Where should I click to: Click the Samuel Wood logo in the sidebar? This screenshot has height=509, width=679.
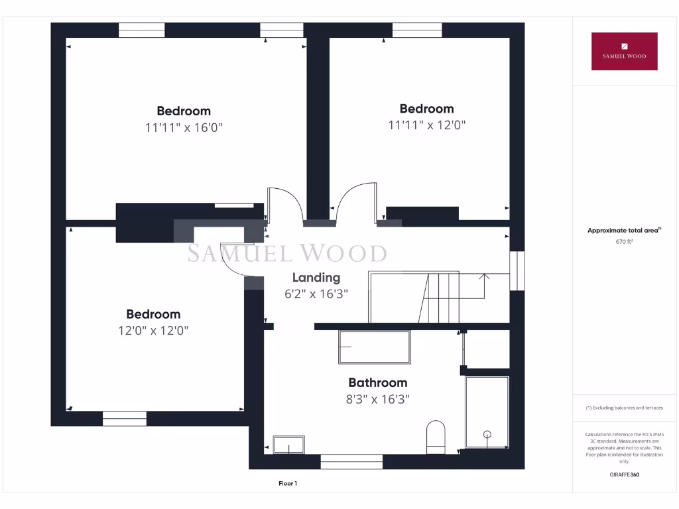coord(624,51)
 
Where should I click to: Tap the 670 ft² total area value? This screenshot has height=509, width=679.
coord(624,242)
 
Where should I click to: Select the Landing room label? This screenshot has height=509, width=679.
coord(316,278)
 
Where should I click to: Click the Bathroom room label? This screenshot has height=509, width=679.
coord(377,382)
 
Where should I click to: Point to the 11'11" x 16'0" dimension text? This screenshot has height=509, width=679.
coord(184,127)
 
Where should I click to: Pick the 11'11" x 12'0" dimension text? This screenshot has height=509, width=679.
coord(426,125)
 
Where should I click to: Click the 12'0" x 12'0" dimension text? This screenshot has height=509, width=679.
coord(153,331)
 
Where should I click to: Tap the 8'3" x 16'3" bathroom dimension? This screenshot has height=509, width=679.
coord(377,399)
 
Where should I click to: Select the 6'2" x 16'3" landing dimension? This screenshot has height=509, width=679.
coord(316,294)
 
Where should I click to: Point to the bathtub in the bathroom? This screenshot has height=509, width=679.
coord(374,347)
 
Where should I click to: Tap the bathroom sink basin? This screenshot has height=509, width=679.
coord(288,445)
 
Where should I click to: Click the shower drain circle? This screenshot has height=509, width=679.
coord(487,435)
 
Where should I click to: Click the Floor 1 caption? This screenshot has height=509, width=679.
coord(288,484)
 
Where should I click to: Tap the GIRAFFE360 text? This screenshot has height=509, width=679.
coord(623,475)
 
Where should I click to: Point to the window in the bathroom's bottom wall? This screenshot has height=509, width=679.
coord(351,461)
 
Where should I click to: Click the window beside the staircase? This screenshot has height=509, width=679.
coord(517,270)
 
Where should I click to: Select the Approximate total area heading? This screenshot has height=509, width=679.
coord(623,231)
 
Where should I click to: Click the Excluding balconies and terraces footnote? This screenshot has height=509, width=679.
coord(623,408)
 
